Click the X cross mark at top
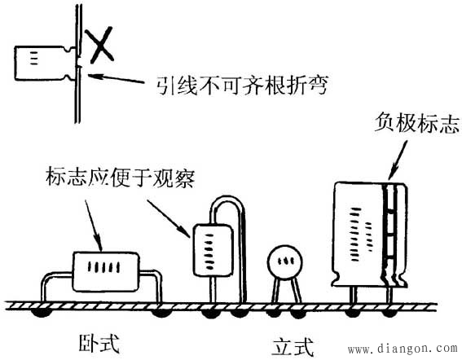pyautogui.click(x=101, y=45)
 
